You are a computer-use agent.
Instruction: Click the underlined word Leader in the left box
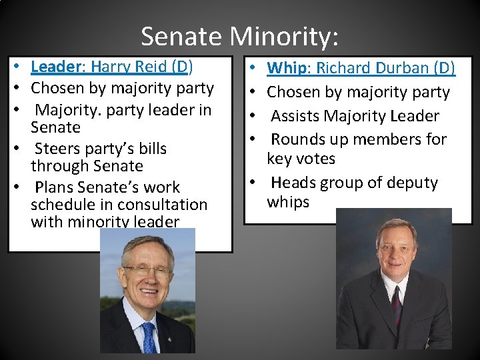56,67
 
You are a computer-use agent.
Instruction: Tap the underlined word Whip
287,68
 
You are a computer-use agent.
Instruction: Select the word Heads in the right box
294,183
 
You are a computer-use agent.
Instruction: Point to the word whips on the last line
288,202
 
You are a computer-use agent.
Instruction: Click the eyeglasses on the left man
148,269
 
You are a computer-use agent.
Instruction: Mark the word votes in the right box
317,159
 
